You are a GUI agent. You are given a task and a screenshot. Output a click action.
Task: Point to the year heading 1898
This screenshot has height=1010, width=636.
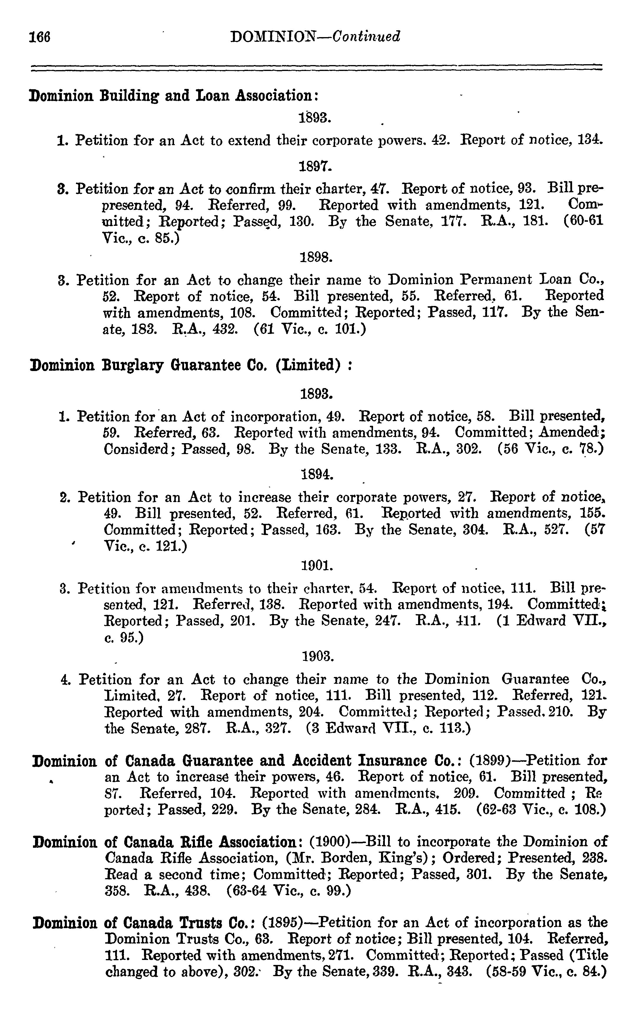click(316, 257)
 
